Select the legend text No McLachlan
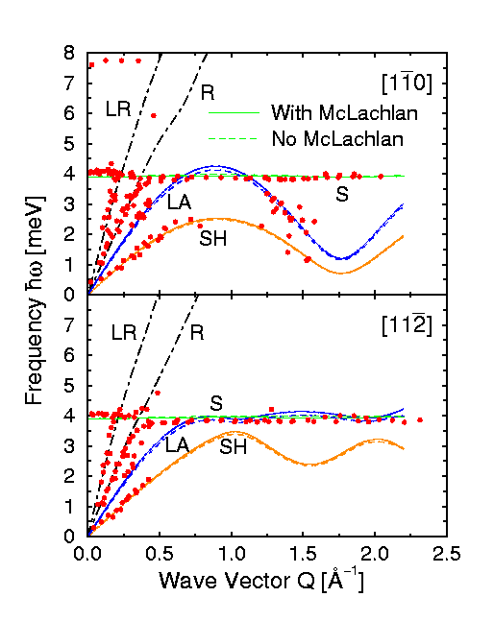tap(336, 137)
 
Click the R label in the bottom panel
tap(197, 334)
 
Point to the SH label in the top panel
tap(212, 239)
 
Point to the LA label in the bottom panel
tap(177, 444)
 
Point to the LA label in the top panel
tap(178, 203)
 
